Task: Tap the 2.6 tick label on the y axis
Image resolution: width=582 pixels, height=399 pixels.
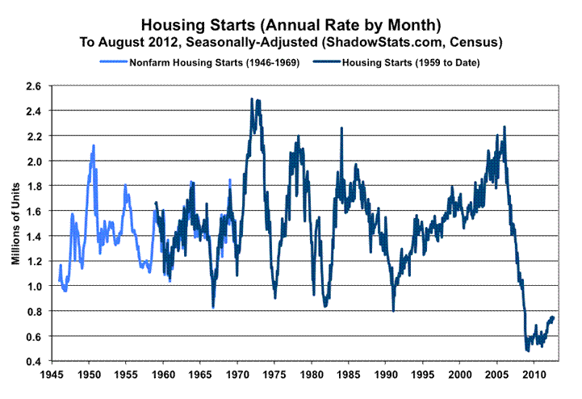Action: click(x=34, y=86)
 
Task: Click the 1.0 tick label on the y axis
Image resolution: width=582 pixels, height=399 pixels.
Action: click(x=34, y=286)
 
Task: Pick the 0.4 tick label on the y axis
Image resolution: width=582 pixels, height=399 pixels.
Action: click(x=34, y=361)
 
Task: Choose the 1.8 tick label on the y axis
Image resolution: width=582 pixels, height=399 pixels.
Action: click(x=34, y=186)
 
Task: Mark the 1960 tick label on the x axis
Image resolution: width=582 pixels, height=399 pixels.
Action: click(x=163, y=376)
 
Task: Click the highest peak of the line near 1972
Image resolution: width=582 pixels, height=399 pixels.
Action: click(x=252, y=99)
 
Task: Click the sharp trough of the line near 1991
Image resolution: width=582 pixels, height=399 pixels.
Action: click(x=393, y=311)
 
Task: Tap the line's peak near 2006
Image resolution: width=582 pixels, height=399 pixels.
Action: click(x=505, y=127)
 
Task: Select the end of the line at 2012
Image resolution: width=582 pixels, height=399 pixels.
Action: click(x=554, y=317)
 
